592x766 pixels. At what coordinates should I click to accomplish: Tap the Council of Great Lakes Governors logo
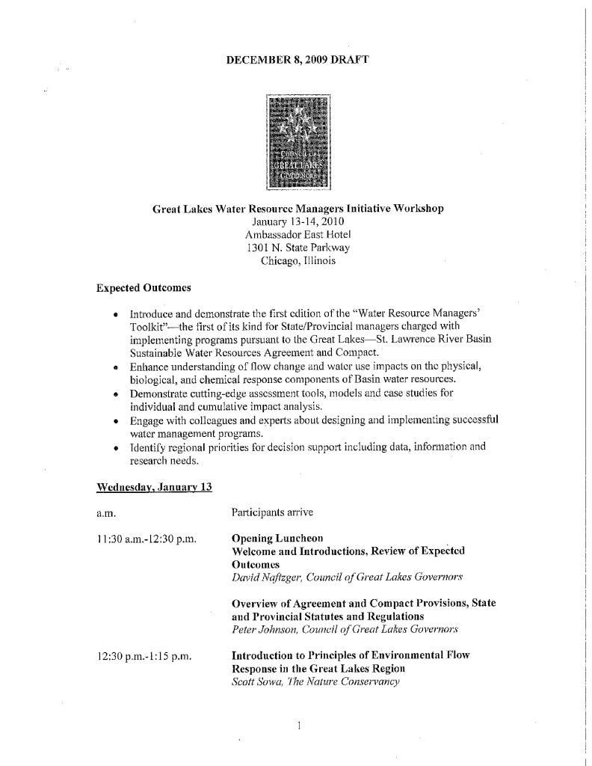tap(298, 141)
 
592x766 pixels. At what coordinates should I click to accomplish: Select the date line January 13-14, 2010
tap(297, 222)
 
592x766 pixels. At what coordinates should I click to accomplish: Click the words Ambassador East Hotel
tap(297, 235)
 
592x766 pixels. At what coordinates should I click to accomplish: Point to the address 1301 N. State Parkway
tap(297, 248)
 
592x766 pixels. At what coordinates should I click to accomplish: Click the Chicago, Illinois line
tap(297, 261)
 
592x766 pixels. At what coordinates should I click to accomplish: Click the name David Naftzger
tap(264, 577)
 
